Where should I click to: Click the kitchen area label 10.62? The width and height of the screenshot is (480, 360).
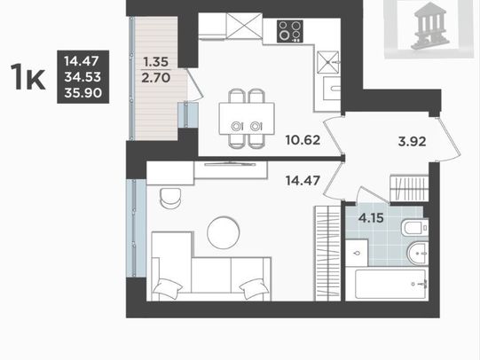tap(303, 140)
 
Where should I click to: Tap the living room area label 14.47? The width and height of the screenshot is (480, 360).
tap(303, 181)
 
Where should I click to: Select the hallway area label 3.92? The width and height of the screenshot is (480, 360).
tap(412, 142)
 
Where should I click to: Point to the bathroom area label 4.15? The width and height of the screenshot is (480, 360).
tap(371, 218)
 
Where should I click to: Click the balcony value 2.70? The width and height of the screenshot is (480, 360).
tap(156, 78)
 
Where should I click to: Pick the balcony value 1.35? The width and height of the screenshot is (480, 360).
tap(156, 62)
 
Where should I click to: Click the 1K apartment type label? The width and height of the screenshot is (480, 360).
tap(28, 77)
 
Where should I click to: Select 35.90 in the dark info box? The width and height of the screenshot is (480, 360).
tap(83, 93)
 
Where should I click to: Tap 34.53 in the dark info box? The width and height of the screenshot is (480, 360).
tap(83, 77)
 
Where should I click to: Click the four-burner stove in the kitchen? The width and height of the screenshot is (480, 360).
tap(290, 31)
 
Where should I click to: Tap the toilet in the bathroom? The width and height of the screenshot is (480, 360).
tap(415, 228)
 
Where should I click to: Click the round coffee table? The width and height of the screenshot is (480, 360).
tap(224, 233)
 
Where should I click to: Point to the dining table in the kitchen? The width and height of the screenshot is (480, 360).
tap(247, 119)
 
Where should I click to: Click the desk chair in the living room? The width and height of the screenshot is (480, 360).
tap(170, 199)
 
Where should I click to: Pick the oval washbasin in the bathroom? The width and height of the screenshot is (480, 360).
tap(419, 254)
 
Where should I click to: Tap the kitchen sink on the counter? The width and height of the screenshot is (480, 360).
tap(332, 89)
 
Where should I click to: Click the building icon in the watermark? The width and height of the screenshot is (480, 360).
tap(430, 26)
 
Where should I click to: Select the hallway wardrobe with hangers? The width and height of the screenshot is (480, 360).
tap(409, 188)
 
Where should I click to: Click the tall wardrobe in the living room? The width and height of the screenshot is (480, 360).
tap(328, 254)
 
